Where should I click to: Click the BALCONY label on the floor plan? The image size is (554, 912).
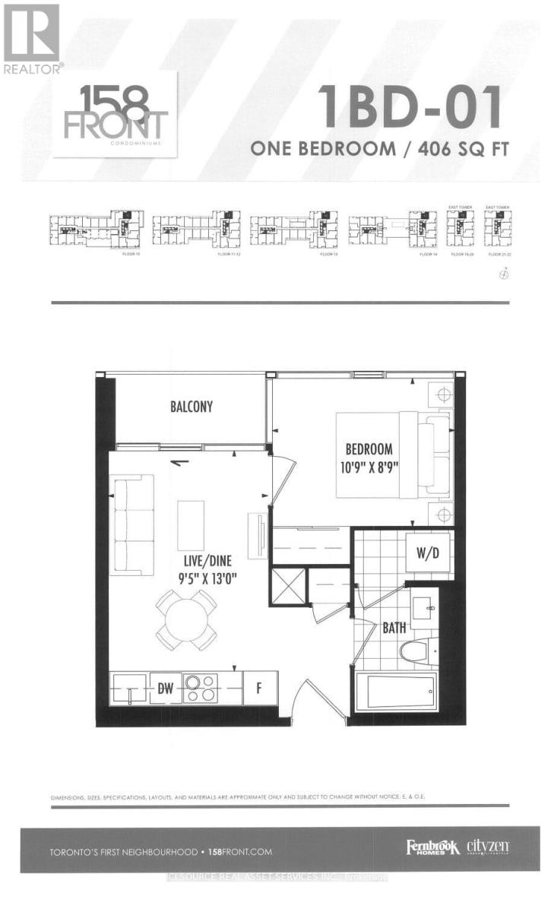click(x=191, y=406)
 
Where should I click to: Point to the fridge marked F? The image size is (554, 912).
click(x=260, y=689)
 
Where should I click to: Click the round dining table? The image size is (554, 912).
click(x=187, y=619)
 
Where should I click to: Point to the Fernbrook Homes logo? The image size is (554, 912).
click(x=432, y=848)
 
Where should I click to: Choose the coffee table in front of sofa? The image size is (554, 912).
click(x=191, y=525)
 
